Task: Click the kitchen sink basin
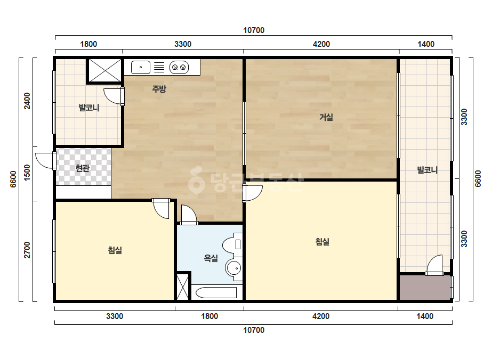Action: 141,67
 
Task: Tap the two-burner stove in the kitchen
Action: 179,67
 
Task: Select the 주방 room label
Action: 159,89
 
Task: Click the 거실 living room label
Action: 326,117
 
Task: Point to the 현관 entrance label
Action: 83,168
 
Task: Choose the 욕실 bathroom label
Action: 211,258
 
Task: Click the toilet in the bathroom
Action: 232,243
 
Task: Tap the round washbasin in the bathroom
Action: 234,268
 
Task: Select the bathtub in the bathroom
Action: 216,292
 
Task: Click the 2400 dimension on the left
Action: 27,101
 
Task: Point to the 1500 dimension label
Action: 27,173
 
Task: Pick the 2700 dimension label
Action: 27,250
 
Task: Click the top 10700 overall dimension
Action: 254,30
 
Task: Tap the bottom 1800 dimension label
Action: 209,316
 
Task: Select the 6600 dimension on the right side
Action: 478,179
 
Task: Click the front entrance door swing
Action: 44,161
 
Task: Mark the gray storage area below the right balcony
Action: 425,288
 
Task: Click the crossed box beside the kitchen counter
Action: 104,70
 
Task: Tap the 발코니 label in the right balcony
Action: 428,170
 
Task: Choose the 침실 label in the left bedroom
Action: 115,250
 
